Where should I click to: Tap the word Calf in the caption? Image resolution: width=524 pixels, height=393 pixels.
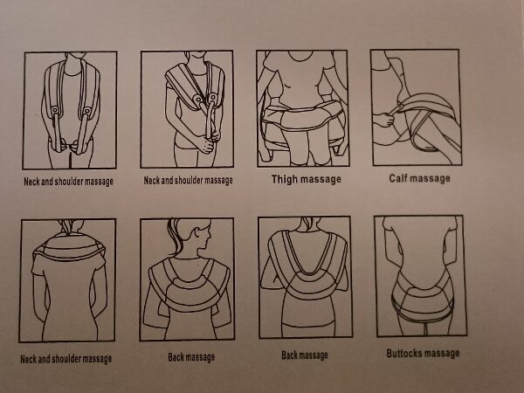pyautogui.click(x=397, y=178)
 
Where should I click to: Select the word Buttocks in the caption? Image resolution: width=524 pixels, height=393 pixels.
pyautogui.click(x=403, y=353)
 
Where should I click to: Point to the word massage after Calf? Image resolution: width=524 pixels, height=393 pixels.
pyautogui.click(x=430, y=178)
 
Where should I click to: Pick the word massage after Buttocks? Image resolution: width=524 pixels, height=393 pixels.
pyautogui.click(x=441, y=353)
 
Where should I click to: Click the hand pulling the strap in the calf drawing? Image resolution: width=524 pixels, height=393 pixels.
pyautogui.click(x=384, y=120)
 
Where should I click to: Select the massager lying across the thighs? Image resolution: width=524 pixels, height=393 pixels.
pyautogui.click(x=302, y=117)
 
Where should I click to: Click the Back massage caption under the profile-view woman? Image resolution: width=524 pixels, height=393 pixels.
pyautogui.click(x=191, y=357)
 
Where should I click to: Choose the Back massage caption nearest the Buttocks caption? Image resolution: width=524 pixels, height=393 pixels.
pyautogui.click(x=305, y=355)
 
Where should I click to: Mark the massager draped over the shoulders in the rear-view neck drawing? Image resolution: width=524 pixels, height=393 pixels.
pyautogui.click(x=69, y=248)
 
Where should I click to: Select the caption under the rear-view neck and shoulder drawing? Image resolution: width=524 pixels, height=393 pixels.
pyautogui.click(x=65, y=359)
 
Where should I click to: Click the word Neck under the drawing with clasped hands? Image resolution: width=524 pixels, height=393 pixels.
pyautogui.click(x=151, y=181)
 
